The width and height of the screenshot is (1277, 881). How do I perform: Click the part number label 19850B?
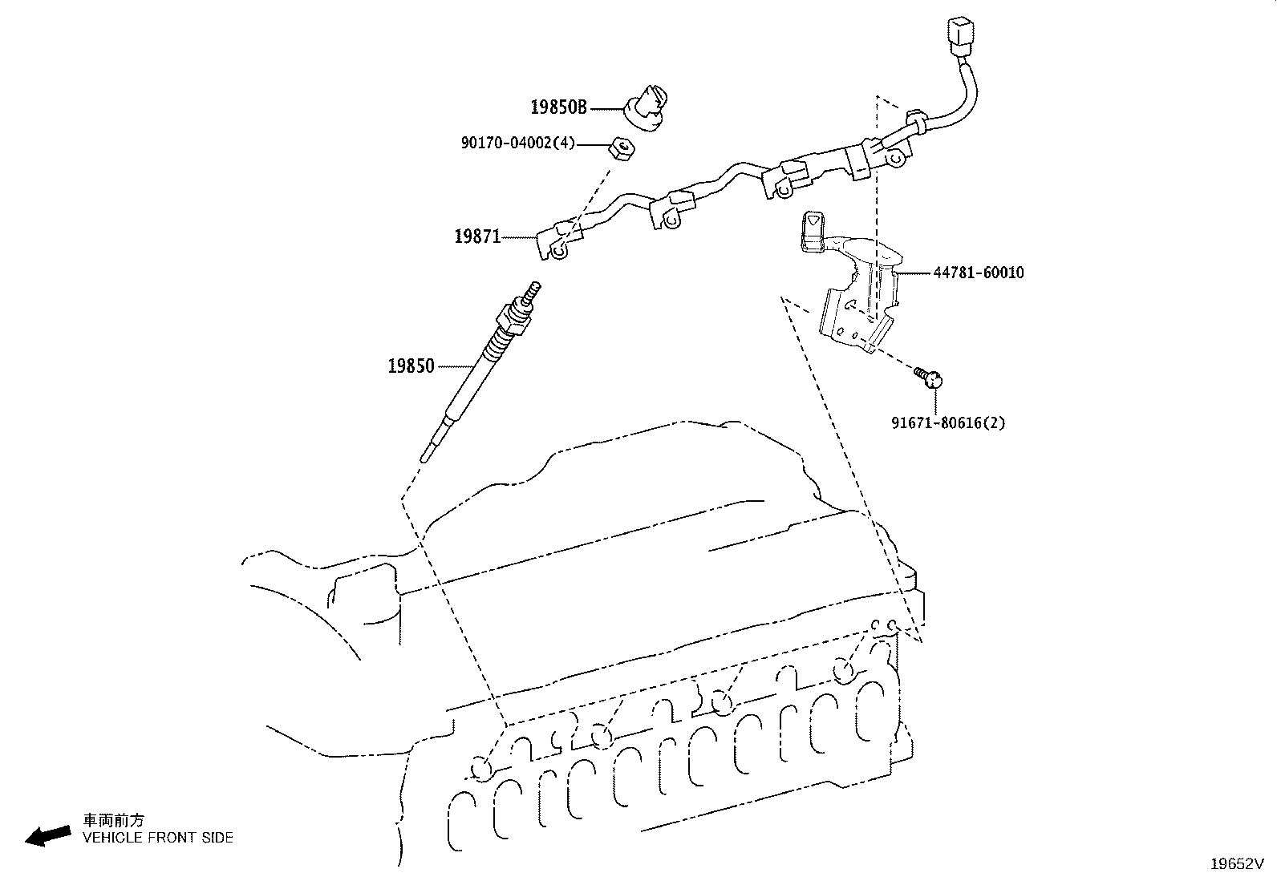tap(558, 107)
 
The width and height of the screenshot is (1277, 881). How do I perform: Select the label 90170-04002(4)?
tap(517, 143)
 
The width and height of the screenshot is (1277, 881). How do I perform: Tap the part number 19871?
tap(477, 236)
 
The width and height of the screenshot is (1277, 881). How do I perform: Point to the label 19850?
tap(411, 366)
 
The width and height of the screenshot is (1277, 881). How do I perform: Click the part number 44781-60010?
tap(979, 273)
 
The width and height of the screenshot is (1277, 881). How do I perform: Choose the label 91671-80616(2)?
tap(948, 422)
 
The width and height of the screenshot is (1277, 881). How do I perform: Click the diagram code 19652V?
tap(1237, 864)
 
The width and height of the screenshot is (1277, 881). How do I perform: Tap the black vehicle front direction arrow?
tap(48, 836)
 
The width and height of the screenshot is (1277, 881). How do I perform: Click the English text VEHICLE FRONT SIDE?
tap(158, 838)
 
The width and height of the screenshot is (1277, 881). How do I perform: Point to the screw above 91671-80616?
tap(928, 378)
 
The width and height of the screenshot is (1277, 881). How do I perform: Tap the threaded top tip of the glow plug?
tap(535, 285)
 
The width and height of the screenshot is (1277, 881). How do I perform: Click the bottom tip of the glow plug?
tap(424, 459)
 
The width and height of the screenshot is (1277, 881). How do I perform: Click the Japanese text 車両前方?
tap(114, 820)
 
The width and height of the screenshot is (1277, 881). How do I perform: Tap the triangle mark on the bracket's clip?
tap(813, 220)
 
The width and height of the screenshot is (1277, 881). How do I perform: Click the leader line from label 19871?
tap(519, 237)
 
